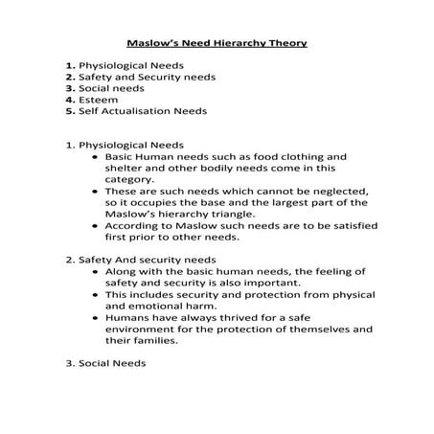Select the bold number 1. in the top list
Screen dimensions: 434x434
[70, 65]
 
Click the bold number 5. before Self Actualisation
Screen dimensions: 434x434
[70, 110]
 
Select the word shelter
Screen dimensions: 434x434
[125, 167]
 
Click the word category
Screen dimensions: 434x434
[129, 178]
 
